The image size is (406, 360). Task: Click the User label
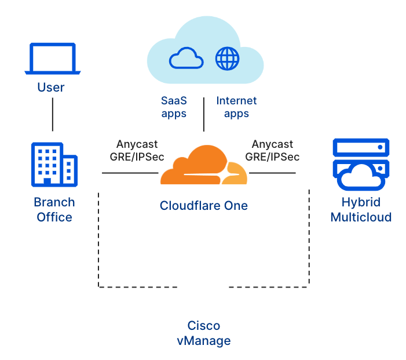coord(51,88)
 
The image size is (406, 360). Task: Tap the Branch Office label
coord(54,210)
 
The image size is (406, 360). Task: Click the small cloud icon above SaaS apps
coord(186,59)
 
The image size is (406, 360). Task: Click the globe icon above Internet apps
coord(227,59)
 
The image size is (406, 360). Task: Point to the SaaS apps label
coord(174,107)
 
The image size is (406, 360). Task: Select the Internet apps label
coord(236,107)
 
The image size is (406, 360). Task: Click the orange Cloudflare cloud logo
coord(203,166)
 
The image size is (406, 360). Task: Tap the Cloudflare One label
coord(204,206)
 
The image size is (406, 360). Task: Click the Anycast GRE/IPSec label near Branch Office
coord(137,150)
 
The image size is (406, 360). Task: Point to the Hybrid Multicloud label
coord(360,210)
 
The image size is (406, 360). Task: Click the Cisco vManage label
coord(204,333)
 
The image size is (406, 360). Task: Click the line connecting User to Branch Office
coord(53,114)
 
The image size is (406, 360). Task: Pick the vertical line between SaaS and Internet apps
coord(204,114)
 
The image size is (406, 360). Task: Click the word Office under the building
coord(54,217)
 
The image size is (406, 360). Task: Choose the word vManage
coord(204,341)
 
